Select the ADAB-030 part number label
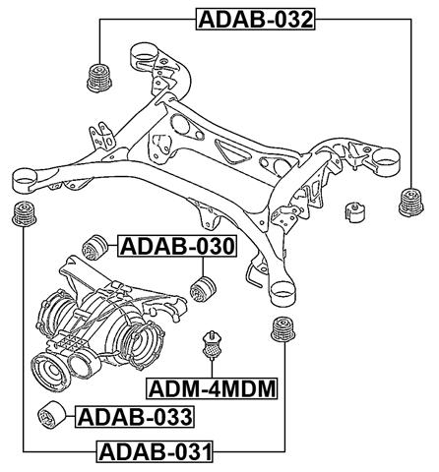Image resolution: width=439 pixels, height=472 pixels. [x=177, y=246]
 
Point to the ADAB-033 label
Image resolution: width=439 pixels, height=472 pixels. [x=135, y=417]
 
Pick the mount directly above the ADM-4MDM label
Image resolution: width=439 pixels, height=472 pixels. [x=211, y=345]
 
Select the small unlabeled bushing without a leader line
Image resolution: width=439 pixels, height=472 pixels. [x=351, y=212]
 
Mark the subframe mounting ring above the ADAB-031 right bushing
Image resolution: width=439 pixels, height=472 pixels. [x=282, y=288]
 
